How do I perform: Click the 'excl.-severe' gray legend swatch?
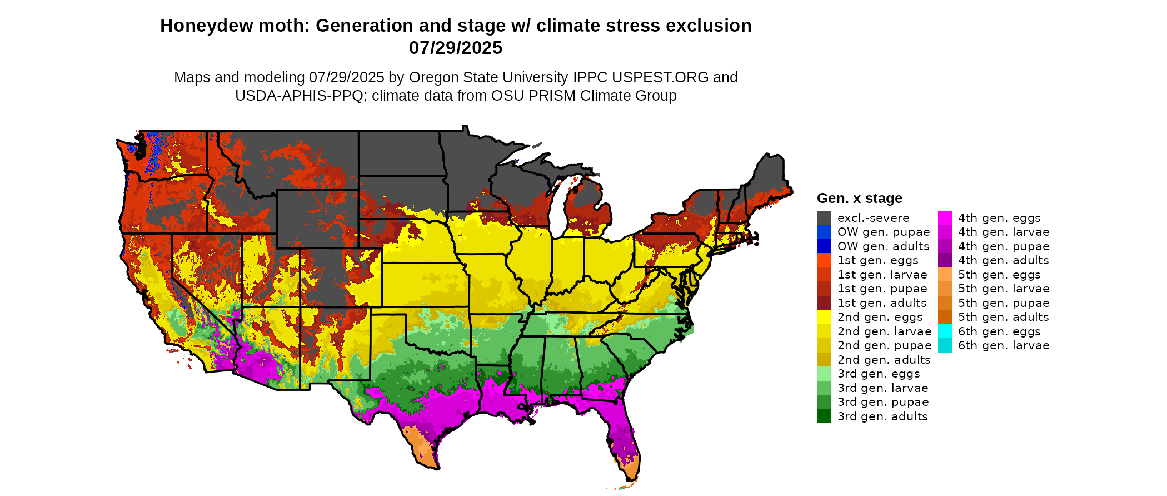824,218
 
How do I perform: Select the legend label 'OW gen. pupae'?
884,232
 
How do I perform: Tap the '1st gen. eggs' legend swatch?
824,260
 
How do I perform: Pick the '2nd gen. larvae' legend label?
884,331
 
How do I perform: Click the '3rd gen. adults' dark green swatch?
824,416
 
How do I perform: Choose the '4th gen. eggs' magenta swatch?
945,218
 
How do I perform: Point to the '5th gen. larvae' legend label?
1004,289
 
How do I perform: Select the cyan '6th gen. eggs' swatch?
945,331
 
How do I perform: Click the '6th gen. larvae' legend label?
1004,345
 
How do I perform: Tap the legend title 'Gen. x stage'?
859,199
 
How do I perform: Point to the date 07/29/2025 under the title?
456,48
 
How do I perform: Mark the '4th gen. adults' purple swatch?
945,260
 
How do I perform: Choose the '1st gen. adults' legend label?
882,303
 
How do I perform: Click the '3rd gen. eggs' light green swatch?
824,374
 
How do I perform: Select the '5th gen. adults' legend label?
1004,317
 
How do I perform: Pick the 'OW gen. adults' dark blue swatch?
824,246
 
